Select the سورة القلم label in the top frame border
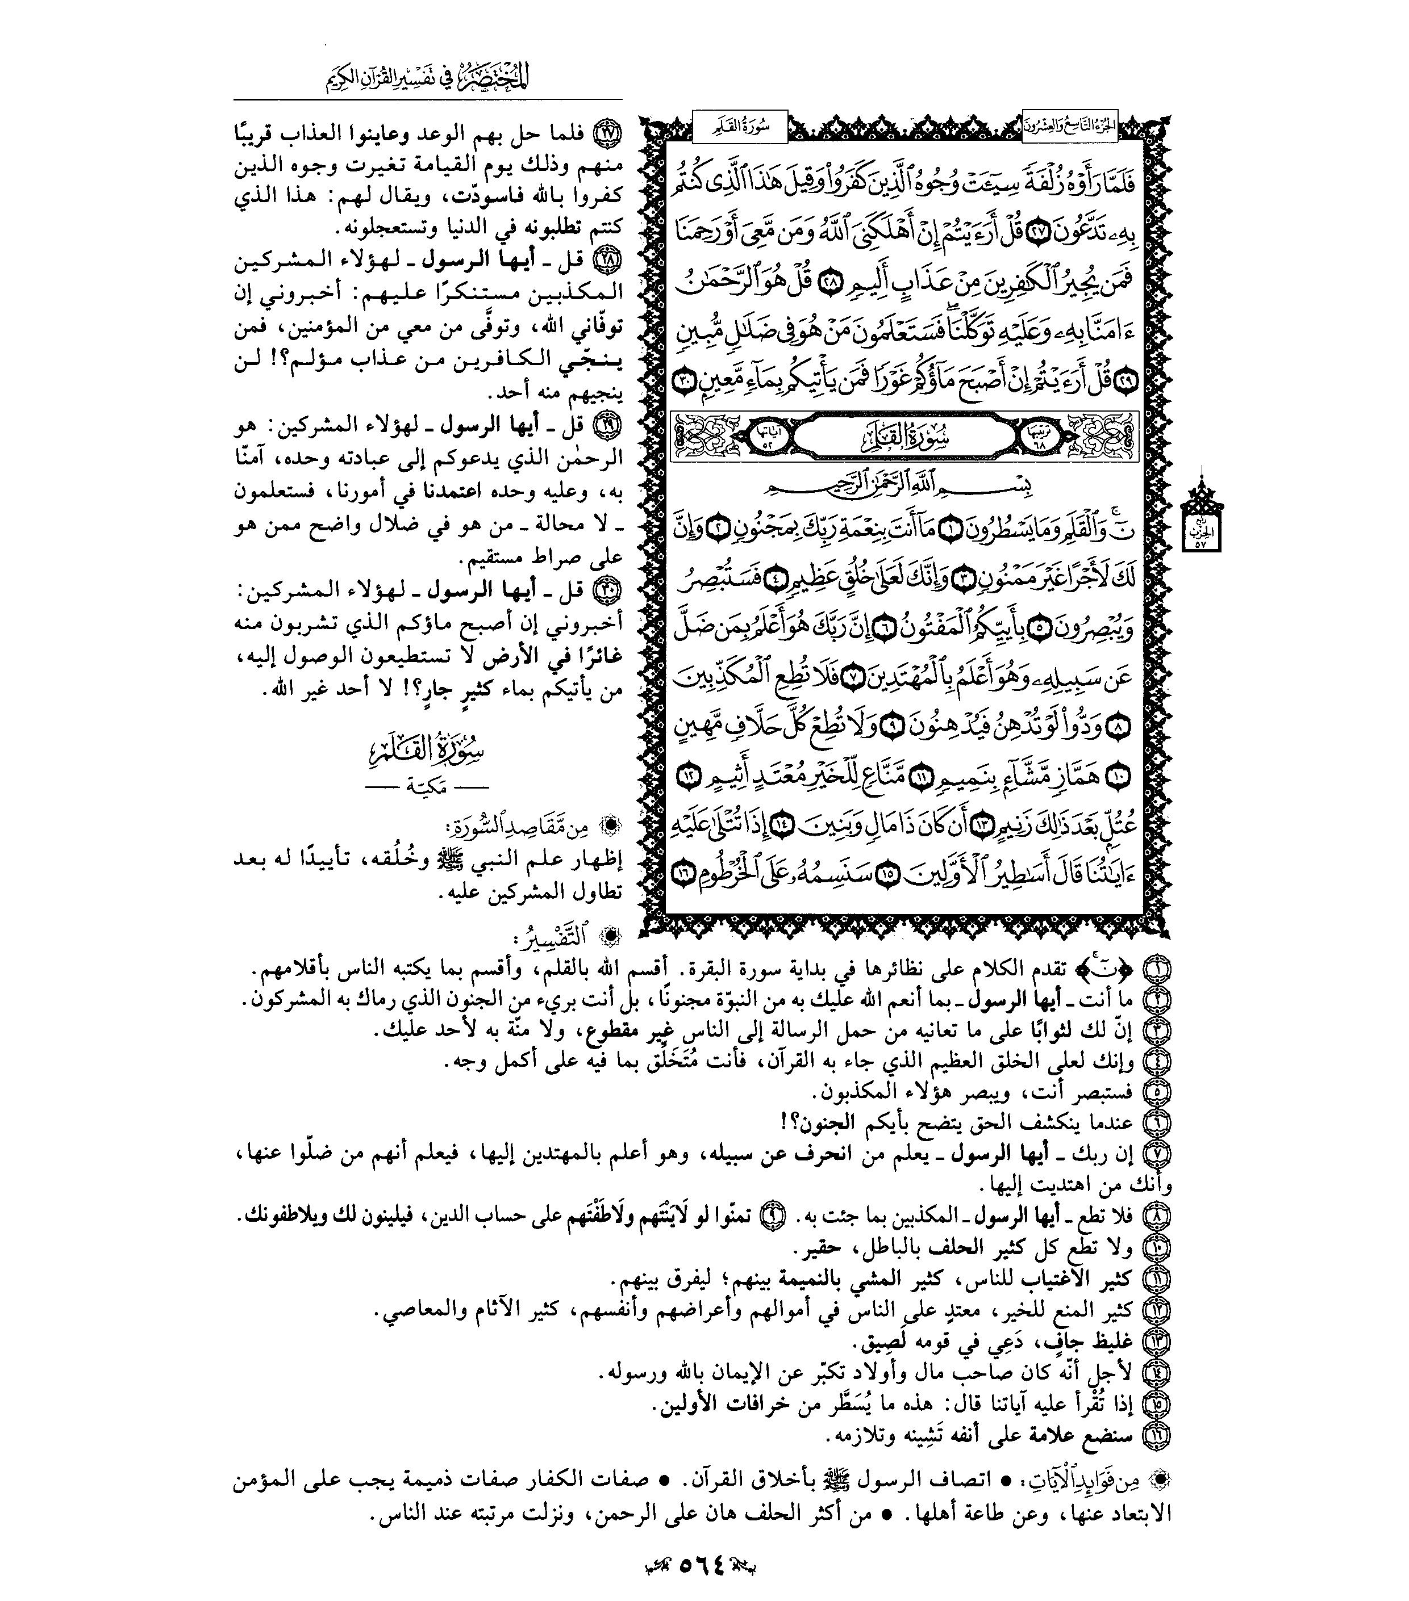point(740,127)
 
